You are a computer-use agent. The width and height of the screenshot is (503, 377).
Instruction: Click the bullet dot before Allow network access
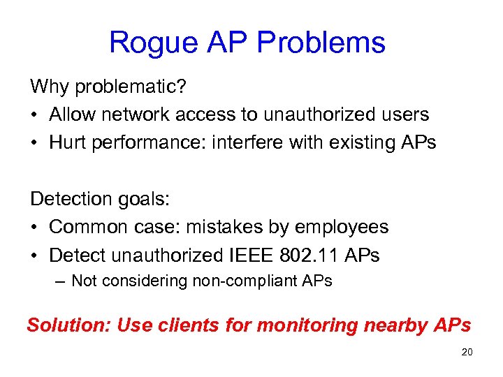(34, 114)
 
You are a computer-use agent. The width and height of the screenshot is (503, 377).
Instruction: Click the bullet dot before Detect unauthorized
(34, 256)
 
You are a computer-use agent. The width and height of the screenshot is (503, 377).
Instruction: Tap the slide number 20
(467, 352)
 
